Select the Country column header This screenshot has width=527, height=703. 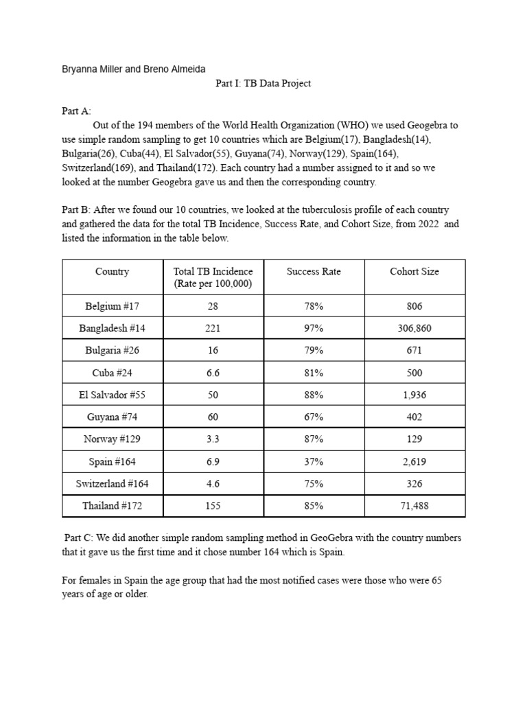(112, 271)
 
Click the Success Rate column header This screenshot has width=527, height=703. (313, 271)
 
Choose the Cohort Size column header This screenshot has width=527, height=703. (414, 271)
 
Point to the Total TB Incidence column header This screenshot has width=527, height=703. (213, 277)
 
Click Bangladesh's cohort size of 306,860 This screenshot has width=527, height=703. (414, 328)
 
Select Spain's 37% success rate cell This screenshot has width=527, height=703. (313, 461)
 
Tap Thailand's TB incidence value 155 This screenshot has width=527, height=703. (213, 506)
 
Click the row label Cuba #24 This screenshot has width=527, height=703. (112, 373)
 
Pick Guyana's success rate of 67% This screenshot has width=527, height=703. (313, 417)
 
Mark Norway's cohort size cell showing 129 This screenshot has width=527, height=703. (414, 439)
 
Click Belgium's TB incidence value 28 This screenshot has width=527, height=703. (213, 306)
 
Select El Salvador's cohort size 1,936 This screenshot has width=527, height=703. (414, 395)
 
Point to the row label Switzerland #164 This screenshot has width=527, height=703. (112, 483)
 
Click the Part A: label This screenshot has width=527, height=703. (75, 111)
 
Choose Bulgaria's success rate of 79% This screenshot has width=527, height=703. (313, 350)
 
